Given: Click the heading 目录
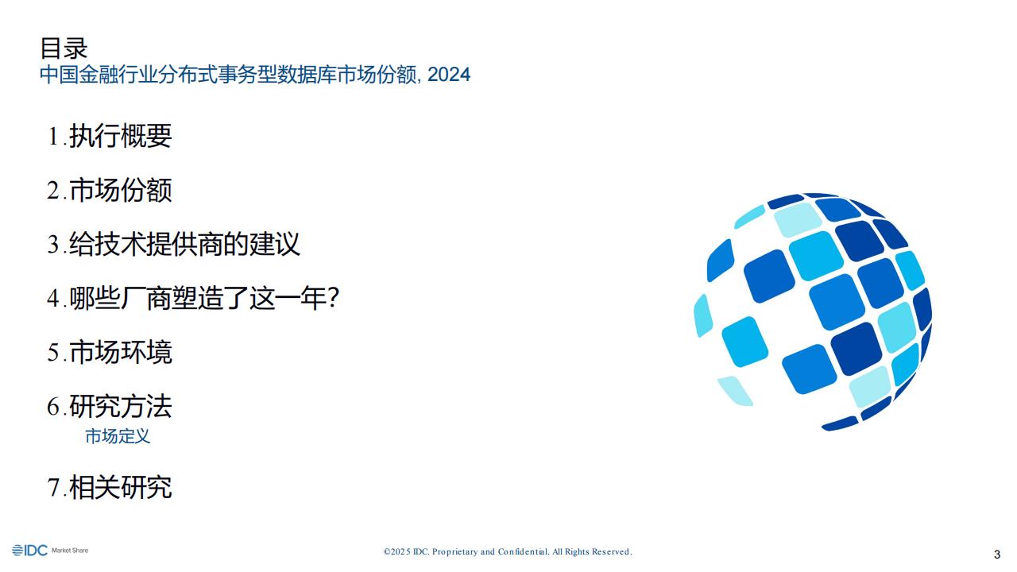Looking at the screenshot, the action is point(64,48).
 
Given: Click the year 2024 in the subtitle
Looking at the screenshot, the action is point(449,75).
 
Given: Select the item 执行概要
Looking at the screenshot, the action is point(120,136).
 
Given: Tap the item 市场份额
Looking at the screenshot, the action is point(120,190).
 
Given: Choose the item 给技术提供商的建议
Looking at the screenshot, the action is point(184,244).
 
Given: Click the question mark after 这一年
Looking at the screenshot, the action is point(333,297).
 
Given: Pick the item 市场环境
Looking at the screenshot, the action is point(120,352).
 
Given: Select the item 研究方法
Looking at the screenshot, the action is point(120,406).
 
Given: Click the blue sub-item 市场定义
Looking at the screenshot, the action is point(118,436).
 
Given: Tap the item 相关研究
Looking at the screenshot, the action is point(120,487).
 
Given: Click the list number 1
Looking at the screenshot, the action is point(53,136).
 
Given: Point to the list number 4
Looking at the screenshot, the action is point(53,298).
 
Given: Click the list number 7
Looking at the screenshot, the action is point(53,488).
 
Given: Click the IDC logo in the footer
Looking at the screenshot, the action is point(29,551).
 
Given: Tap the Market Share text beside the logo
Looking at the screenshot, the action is point(70,551).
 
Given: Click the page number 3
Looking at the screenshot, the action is point(997,555).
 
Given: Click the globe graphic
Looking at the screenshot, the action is point(813,312).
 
